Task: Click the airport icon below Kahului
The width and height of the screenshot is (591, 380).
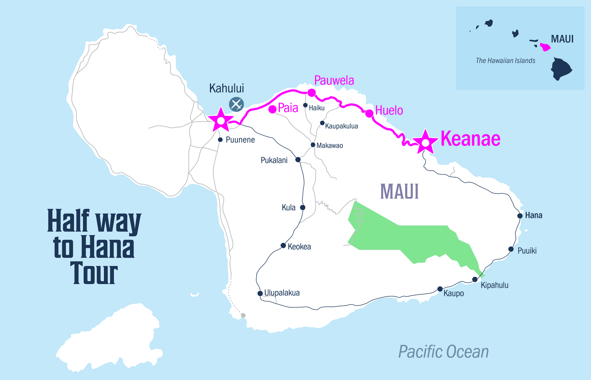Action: [x=236, y=105]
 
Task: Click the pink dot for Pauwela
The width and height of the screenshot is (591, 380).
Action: [x=311, y=93]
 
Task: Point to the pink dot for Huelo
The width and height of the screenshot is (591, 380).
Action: [x=369, y=114]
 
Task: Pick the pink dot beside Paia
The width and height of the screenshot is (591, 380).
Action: [x=272, y=109]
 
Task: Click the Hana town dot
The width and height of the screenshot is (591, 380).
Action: [x=520, y=216]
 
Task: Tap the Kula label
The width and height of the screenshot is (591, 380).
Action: [x=289, y=208]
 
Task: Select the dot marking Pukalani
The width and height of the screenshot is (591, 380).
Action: [x=298, y=160]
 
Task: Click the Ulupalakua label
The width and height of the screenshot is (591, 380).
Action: [x=282, y=293]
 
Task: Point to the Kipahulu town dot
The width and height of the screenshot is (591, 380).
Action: [x=475, y=279]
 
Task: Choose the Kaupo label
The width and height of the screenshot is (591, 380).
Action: [x=454, y=294]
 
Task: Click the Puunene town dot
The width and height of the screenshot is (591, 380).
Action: [x=220, y=140]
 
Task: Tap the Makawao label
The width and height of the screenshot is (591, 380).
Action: [x=330, y=145]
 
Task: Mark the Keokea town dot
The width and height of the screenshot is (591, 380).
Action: [x=283, y=246]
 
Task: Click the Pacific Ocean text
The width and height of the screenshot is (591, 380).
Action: [x=444, y=352]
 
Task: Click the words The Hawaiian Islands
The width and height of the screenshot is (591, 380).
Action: [x=505, y=61]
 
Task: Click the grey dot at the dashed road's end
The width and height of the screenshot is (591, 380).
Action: [x=243, y=315]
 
